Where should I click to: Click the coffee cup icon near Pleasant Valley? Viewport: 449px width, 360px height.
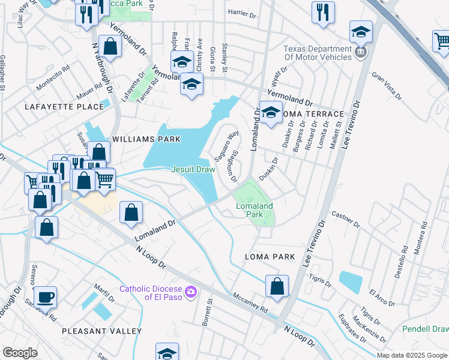pos(45,297)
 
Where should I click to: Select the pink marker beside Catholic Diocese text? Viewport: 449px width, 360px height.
pos(191,292)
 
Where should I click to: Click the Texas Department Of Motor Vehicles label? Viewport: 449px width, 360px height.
pos(317,53)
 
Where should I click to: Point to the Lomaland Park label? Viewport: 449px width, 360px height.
pos(254,210)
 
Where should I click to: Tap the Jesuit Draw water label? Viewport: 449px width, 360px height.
pos(193,170)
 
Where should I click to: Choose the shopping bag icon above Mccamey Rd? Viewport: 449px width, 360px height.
pos(277,286)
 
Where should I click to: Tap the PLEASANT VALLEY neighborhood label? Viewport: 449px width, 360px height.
pos(102,331)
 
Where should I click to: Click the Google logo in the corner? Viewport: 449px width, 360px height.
pos(20,353)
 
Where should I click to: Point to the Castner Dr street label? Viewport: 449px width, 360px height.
pos(345,219)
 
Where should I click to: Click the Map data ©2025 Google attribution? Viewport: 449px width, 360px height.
pos(411,355)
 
